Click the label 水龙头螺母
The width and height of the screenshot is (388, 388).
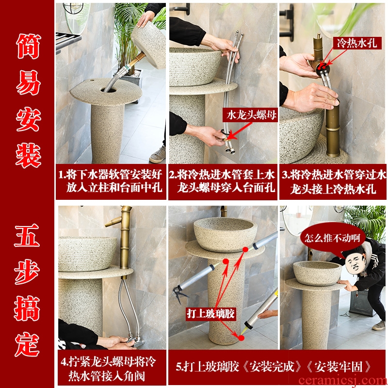(251, 115)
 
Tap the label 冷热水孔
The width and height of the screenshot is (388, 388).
(356, 43)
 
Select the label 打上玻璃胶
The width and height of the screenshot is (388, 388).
(210, 314)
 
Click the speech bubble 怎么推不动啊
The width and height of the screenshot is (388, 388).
(332, 238)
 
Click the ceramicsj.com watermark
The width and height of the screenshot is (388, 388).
(343, 381)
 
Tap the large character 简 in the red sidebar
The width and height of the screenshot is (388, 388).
(28, 46)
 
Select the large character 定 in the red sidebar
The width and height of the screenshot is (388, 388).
(27, 344)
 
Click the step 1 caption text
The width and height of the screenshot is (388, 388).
(111, 181)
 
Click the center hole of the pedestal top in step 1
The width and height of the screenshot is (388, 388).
(108, 90)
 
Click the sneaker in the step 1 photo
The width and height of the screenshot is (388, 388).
(158, 155)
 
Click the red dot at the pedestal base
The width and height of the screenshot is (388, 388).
(241, 338)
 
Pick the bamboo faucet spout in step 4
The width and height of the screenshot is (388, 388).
(113, 222)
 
